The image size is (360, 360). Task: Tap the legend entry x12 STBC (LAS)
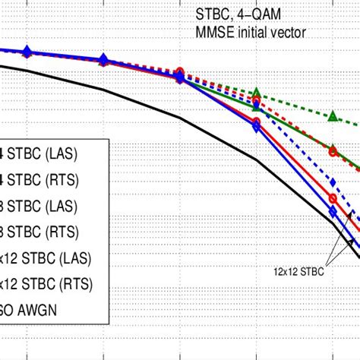[46, 258]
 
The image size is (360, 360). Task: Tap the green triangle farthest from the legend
[332, 116]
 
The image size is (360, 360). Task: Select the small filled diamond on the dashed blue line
[332, 182]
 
